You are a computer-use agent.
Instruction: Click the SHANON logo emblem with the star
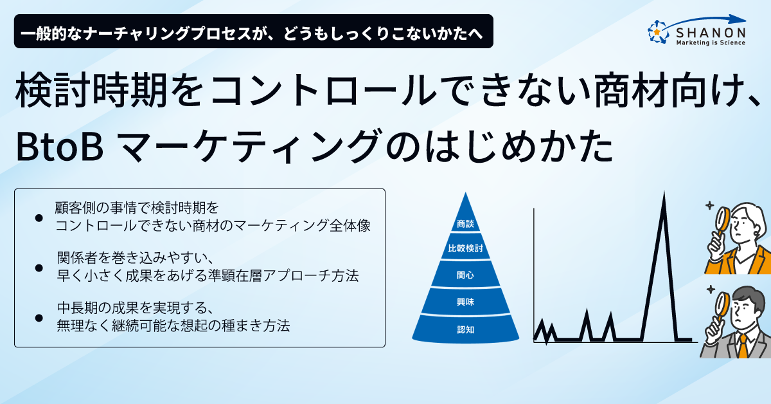(658, 32)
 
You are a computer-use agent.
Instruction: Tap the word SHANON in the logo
(711, 33)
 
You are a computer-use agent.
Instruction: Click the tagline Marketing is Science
(711, 42)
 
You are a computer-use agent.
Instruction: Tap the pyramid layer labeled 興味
(466, 301)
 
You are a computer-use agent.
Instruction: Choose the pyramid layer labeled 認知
(466, 329)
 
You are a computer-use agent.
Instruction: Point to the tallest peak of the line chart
(664, 194)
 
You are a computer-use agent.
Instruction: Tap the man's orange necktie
(743, 347)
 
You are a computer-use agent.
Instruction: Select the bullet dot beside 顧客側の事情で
(39, 218)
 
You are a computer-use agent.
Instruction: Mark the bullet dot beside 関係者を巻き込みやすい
(39, 268)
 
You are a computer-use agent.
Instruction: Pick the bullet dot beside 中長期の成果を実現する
(39, 318)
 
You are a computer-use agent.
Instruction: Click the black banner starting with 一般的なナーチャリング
(254, 31)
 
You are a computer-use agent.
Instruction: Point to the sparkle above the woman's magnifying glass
(709, 205)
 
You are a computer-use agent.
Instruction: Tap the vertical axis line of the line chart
(534, 275)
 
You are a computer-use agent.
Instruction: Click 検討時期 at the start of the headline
(91, 90)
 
